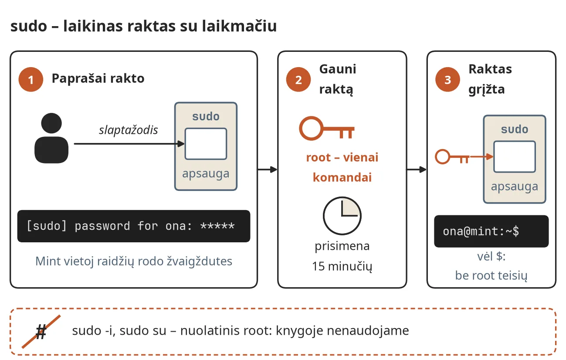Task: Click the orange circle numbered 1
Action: (31, 79)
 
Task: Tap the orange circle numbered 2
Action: (298, 79)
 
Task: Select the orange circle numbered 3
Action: (448, 79)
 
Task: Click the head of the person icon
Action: (51, 123)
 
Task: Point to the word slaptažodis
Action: (128, 130)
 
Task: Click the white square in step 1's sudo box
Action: (206, 144)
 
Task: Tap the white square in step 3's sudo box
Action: (515, 157)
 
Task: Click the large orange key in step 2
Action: (327, 129)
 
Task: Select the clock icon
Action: (342, 216)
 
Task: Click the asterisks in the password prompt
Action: (217, 226)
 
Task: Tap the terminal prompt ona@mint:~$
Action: (481, 231)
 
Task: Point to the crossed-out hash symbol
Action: (41, 332)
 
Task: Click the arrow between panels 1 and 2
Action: (268, 170)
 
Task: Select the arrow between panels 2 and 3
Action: (417, 170)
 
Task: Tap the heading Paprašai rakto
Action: (98, 78)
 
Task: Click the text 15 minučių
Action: (342, 266)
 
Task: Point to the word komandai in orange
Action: (342, 177)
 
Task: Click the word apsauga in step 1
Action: (206, 174)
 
